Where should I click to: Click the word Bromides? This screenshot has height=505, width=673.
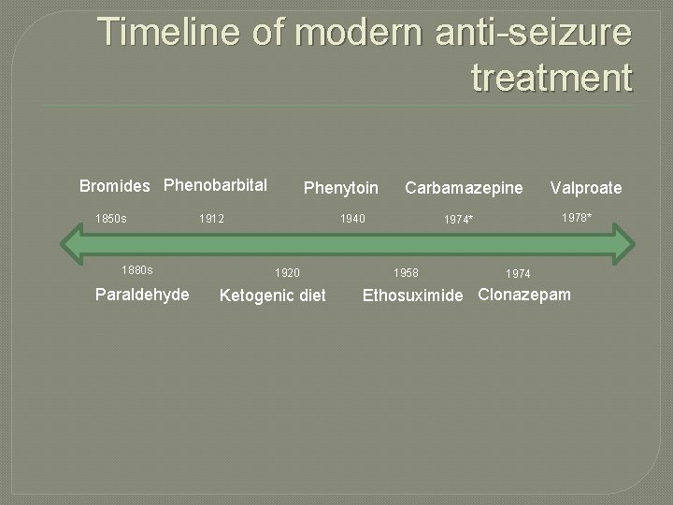[x=114, y=186]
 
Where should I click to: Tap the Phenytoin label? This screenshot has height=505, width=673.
[x=341, y=189]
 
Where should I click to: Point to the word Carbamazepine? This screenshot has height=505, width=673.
[x=464, y=188]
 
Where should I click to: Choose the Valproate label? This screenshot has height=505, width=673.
[x=586, y=188]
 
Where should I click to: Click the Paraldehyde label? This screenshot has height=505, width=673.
[x=142, y=295]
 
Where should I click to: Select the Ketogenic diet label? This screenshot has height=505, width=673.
[x=272, y=296]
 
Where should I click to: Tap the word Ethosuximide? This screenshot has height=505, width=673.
[x=412, y=296]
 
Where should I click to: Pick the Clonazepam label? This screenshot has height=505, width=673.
[x=524, y=295]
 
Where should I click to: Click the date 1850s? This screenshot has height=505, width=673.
[x=111, y=219]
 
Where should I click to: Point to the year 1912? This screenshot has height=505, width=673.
[x=212, y=219]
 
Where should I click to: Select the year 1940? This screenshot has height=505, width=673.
[x=352, y=219]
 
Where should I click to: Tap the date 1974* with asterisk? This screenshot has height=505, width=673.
[x=459, y=220]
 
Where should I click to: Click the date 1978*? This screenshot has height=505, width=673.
[x=576, y=218]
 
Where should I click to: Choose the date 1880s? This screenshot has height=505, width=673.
[x=137, y=270]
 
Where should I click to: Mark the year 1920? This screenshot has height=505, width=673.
[x=287, y=273]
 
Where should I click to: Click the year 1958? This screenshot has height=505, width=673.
[x=406, y=273]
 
